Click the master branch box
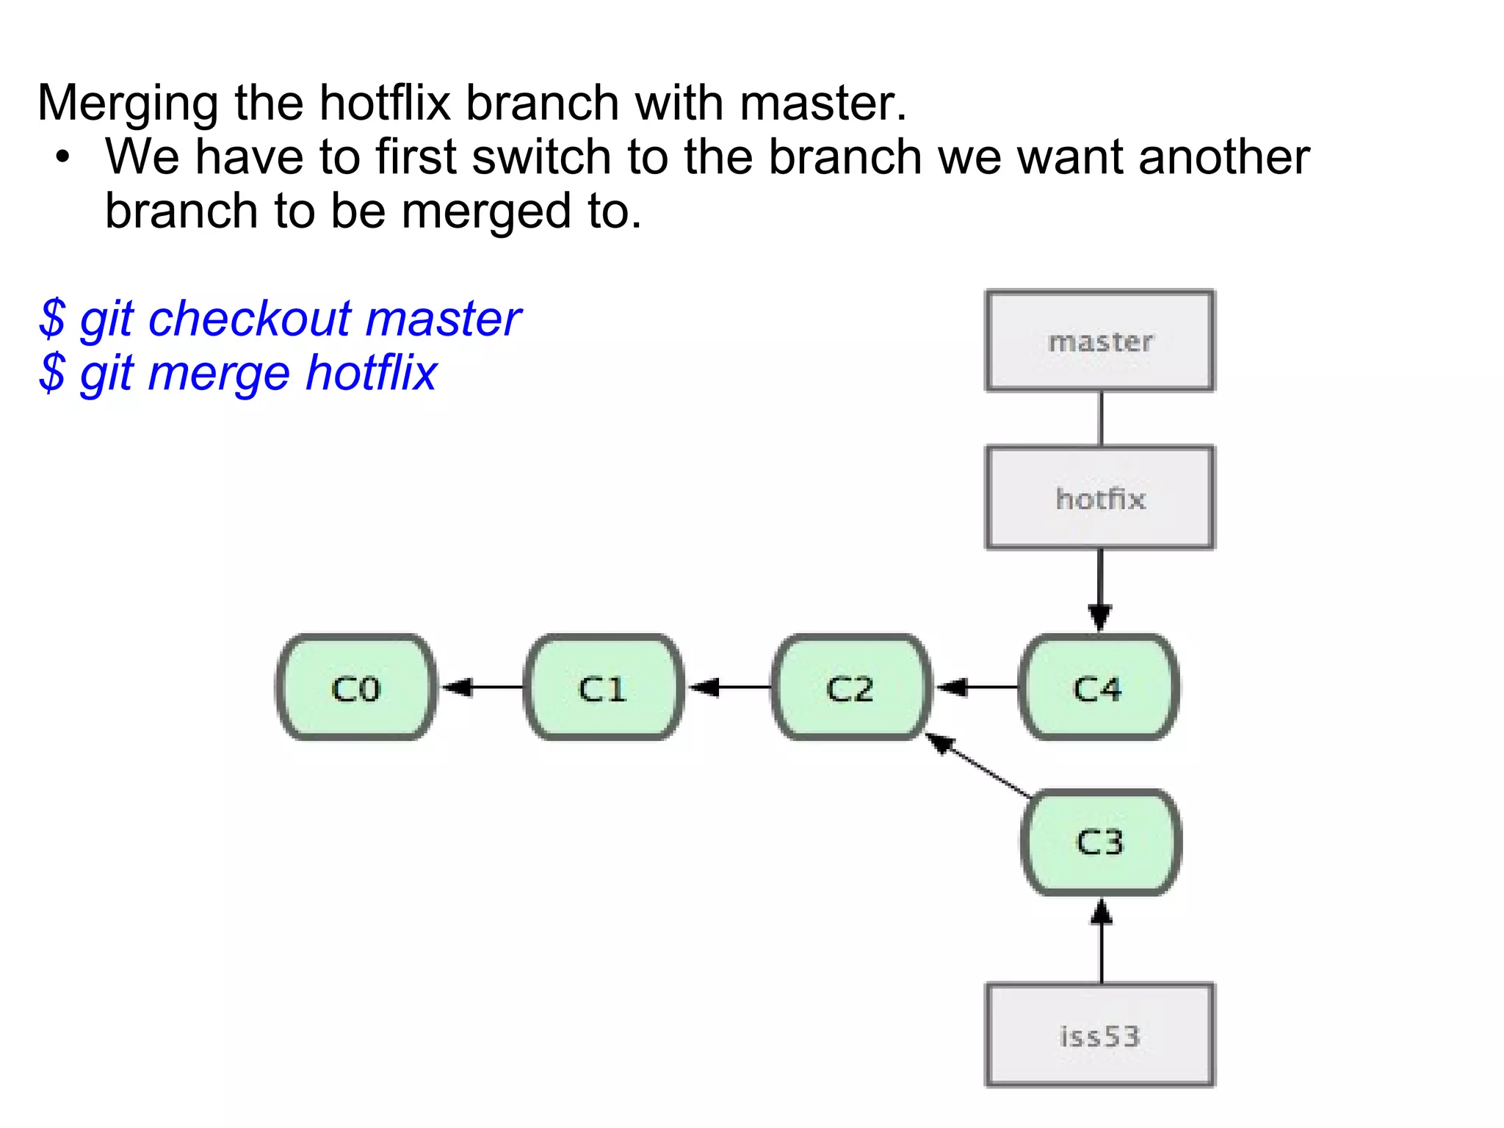(1099, 341)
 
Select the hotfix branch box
(1099, 498)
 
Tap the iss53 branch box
(1099, 1035)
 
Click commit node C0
(356, 687)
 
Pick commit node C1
(603, 687)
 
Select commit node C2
(850, 687)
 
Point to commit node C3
(1101, 842)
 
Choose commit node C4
(1099, 687)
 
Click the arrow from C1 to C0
(481, 687)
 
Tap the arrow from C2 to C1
(728, 687)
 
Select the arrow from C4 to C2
(977, 687)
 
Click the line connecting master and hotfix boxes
(1100, 419)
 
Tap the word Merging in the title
(127, 103)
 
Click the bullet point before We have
(63, 157)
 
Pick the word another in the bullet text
(1223, 157)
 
